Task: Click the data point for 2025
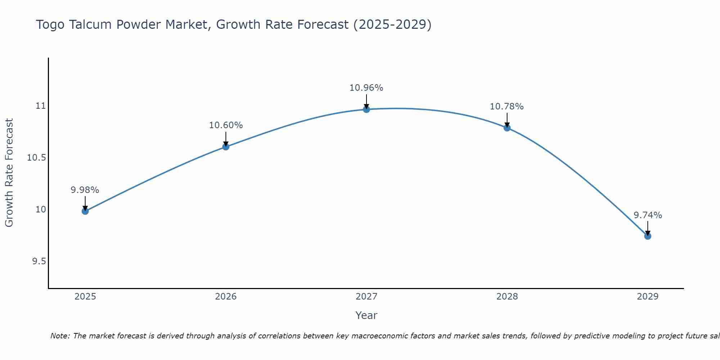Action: point(85,211)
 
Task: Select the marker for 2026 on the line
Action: point(226,147)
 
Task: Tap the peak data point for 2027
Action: point(366,109)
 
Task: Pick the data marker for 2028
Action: point(507,128)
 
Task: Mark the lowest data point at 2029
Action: point(648,236)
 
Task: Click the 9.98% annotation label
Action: point(85,190)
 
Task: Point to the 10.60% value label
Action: point(226,125)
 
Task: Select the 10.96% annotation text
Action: point(366,88)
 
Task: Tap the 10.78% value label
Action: point(507,107)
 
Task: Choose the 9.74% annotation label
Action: point(648,215)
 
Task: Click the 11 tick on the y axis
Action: point(41,106)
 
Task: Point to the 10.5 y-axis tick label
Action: point(37,158)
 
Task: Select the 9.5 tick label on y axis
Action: point(39,261)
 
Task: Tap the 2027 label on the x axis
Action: point(366,297)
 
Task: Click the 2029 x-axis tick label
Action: point(648,297)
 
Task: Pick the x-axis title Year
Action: point(366,315)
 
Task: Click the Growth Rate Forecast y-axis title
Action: point(9,173)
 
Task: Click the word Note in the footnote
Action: point(60,336)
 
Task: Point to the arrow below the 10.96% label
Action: point(366,101)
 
